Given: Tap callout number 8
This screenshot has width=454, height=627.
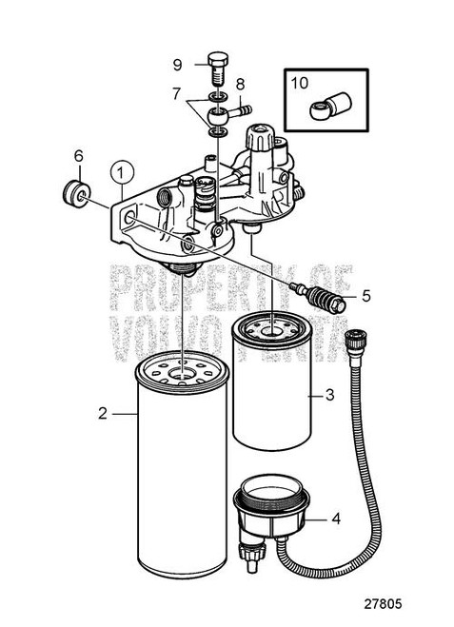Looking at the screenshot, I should click(x=241, y=85).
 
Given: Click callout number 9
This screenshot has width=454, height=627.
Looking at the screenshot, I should click(x=177, y=65).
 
